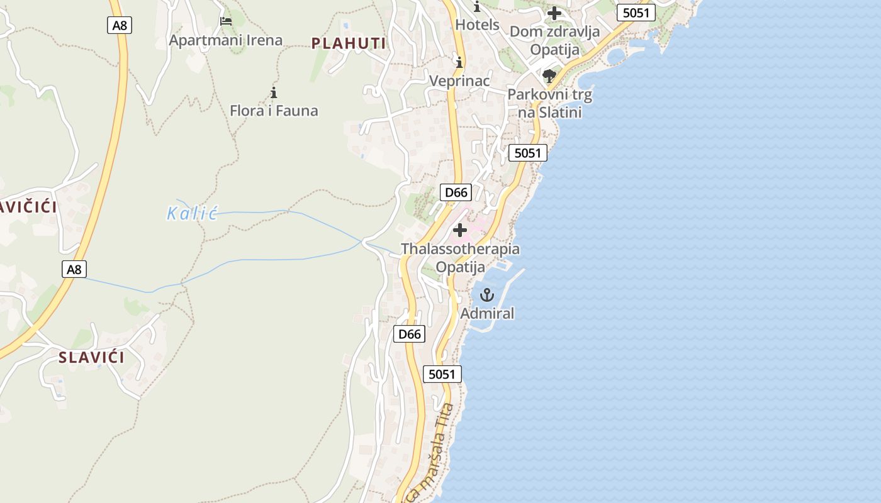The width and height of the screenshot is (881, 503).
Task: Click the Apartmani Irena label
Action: [x=225, y=40]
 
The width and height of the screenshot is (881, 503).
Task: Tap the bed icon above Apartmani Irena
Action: [x=226, y=21]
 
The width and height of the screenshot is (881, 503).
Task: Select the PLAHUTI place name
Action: [x=349, y=43]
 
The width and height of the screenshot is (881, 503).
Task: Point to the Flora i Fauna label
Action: [x=274, y=111]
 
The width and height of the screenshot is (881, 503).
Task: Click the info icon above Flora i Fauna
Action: [x=274, y=93]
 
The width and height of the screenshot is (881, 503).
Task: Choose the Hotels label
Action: [x=477, y=25]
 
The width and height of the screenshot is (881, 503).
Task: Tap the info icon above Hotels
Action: [x=477, y=7]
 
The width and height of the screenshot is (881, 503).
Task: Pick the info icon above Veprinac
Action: [x=459, y=62]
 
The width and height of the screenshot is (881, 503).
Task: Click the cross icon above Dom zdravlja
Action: [x=554, y=13]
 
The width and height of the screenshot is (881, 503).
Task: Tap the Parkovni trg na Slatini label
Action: [x=550, y=103]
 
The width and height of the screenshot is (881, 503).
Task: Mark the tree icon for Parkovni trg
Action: [x=549, y=77]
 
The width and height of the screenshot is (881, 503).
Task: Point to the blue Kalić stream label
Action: [x=192, y=213]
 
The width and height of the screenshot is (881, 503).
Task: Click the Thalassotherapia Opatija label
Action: [x=461, y=258]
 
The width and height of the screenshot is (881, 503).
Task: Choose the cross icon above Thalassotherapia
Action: [x=460, y=230]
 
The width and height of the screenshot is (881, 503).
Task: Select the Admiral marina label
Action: [x=487, y=313]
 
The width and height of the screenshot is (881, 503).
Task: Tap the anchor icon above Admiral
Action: [x=487, y=294]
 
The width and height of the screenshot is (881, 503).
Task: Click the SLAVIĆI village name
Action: [x=91, y=357]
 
